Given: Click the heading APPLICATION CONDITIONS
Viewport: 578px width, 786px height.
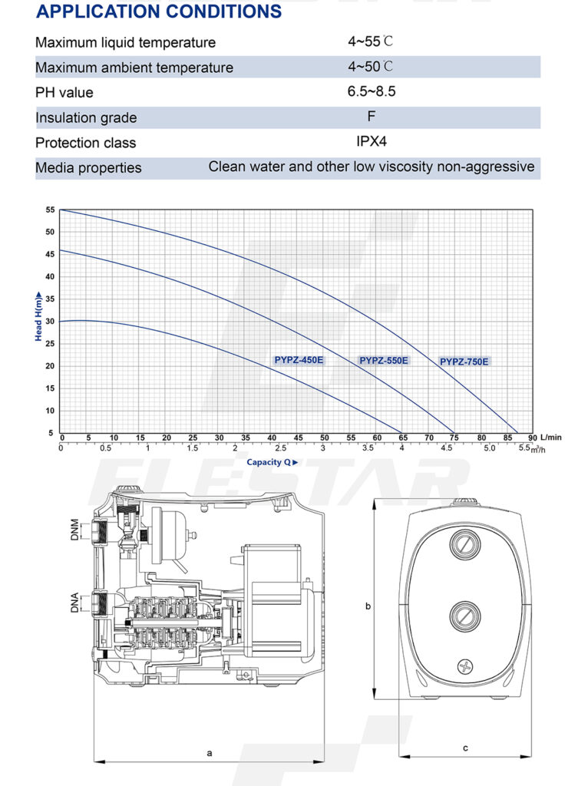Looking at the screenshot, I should [159, 12].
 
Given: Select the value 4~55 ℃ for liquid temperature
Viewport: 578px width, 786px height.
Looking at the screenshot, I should [372, 42].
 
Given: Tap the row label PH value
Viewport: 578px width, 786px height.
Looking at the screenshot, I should [64, 93].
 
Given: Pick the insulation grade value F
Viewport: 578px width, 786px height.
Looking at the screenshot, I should [372, 117].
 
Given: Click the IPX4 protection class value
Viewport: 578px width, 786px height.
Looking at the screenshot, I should [372, 142].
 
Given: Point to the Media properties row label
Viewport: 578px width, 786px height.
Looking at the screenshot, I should [88, 167].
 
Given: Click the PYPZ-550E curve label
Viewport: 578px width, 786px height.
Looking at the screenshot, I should [384, 360].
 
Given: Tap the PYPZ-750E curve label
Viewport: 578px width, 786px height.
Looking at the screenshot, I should [464, 362].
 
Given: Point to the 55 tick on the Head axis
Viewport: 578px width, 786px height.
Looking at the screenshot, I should [51, 210].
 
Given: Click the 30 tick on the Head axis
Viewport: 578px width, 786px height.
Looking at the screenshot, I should [51, 322].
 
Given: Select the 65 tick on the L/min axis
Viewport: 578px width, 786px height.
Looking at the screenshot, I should [403, 438].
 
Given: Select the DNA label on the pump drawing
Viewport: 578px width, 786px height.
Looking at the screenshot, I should [74, 603].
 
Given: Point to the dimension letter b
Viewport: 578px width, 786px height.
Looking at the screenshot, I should [368, 606].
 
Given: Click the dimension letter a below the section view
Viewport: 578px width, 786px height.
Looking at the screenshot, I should [209, 753].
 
